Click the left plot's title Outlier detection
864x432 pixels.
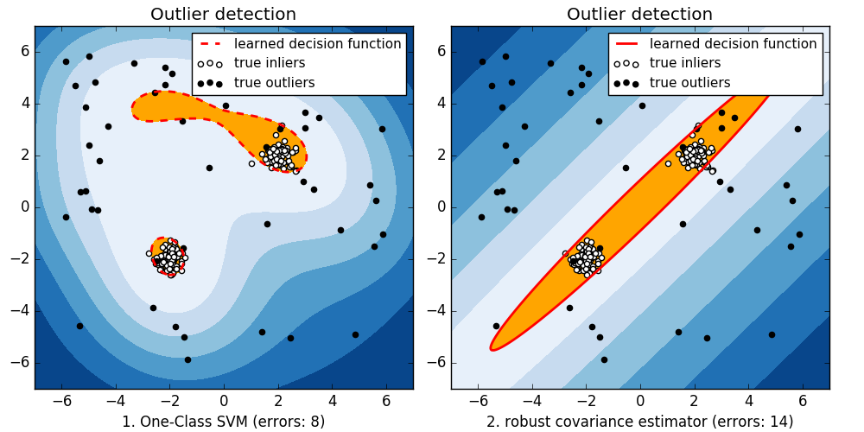click(x=223, y=14)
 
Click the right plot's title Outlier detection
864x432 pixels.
click(x=639, y=14)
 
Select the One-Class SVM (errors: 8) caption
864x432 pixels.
click(x=223, y=422)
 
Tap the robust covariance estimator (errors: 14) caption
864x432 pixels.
click(x=639, y=422)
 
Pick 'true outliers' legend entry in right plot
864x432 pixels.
click(x=689, y=83)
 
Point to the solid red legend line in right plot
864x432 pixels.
click(x=625, y=44)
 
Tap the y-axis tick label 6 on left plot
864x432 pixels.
click(x=25, y=52)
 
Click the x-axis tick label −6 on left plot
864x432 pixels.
click(x=62, y=401)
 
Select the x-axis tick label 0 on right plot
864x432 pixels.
click(x=640, y=401)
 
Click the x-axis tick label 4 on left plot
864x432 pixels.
click(x=332, y=401)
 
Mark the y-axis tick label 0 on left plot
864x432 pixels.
click(x=25, y=207)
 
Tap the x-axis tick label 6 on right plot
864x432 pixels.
click(x=802, y=401)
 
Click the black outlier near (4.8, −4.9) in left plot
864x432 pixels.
click(x=355, y=334)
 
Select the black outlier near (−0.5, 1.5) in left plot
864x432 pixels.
click(x=209, y=168)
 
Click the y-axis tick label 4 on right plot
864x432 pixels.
click(x=442, y=104)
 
